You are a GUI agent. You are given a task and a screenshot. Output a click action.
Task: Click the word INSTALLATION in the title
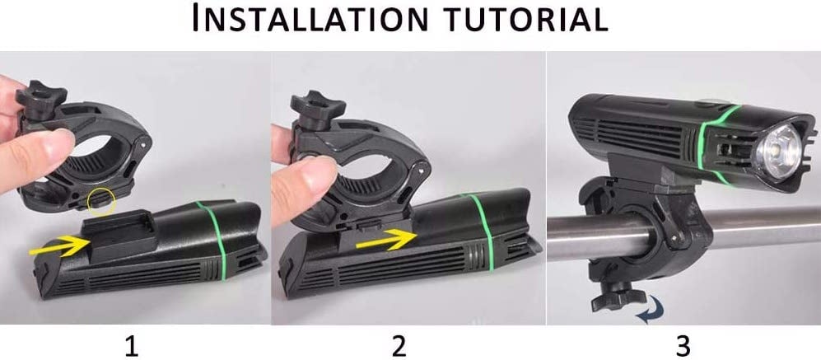pyautogui.click(x=310, y=18)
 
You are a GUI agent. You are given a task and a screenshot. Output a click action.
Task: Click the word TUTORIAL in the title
pyautogui.click(x=525, y=18)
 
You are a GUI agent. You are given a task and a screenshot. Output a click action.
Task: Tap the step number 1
pyautogui.click(x=131, y=346)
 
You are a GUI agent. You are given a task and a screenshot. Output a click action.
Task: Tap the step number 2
pyautogui.click(x=399, y=346)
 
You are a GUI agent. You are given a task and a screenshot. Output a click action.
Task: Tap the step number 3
pyautogui.click(x=683, y=346)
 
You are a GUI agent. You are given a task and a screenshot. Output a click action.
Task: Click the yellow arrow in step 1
pyautogui.click(x=58, y=245)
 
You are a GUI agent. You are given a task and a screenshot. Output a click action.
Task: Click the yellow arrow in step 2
pyautogui.click(x=386, y=239)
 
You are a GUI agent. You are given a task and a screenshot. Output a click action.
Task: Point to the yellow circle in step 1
pyautogui.click(x=101, y=202)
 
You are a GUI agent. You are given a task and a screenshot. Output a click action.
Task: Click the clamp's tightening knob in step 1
pyautogui.click(x=40, y=99)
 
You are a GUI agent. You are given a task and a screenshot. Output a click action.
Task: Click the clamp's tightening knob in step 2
pyautogui.click(x=317, y=107)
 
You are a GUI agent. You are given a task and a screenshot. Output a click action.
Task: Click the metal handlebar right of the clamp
pyautogui.click(x=764, y=226)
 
